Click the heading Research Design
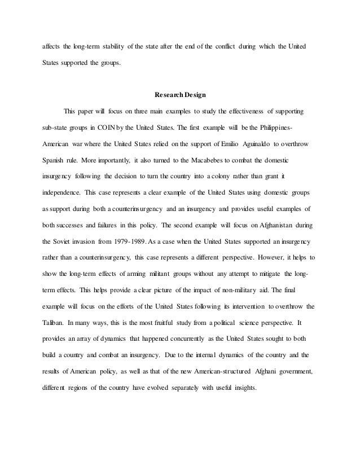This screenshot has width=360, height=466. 180,93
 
